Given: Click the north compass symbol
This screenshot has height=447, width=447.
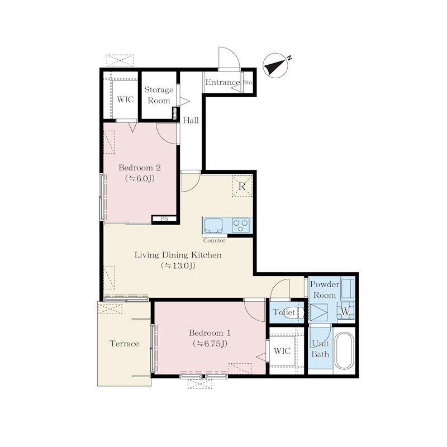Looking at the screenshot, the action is pos(275,65).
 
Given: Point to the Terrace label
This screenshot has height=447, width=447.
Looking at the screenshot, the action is pos(124,344).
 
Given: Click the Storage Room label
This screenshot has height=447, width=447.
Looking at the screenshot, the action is pos(159,95).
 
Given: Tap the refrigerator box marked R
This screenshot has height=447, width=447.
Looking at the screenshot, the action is pos(242,186).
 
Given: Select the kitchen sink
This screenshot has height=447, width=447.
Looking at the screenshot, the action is pos(213,225).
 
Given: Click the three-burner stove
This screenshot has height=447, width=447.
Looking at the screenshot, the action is pos(241,225).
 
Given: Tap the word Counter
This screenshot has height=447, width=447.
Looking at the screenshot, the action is pos(214,240).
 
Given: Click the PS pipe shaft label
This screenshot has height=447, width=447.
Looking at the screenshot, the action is pos(164,219).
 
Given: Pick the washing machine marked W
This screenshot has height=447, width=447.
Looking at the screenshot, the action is pos(345,311).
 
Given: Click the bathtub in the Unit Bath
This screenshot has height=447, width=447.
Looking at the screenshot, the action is pos(344,351).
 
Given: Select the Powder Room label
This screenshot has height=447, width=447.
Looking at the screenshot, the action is pos(325,289).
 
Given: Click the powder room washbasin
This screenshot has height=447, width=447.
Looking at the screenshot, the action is pos(348,288).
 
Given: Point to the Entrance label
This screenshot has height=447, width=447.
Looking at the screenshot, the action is pos(222,82).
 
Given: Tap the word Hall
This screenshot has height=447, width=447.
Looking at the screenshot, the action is pos(191,120).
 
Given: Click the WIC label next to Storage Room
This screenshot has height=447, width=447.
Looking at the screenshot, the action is pos(125,99).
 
